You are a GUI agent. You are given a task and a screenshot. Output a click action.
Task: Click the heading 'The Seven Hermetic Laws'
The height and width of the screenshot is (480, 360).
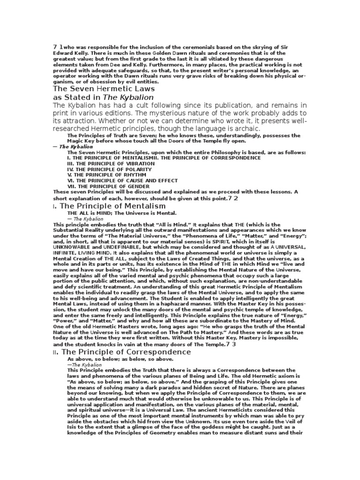[x=104, y=88]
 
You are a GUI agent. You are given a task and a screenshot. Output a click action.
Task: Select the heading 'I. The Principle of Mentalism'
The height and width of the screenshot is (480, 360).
[x=109, y=206]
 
